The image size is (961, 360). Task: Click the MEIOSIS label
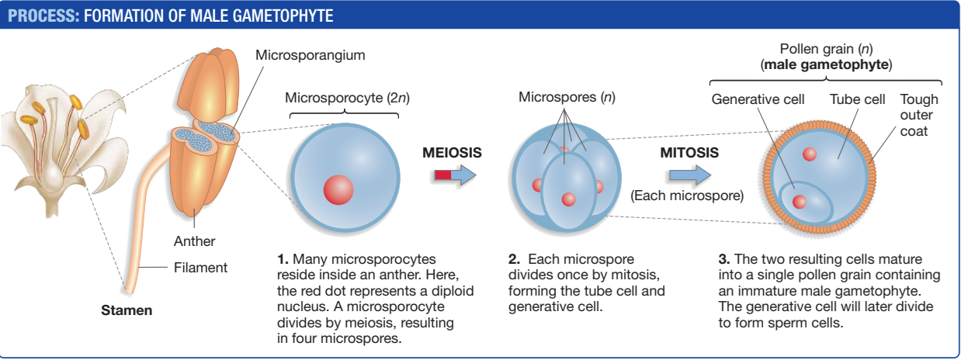452,153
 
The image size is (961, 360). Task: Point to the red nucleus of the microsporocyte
338,189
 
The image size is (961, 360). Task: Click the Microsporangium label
310,55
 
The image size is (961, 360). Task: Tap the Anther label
194,241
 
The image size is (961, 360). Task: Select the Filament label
200,268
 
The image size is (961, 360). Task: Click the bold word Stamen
127,311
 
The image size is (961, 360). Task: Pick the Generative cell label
758,99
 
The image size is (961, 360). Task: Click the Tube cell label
857,99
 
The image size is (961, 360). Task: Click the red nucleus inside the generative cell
800,202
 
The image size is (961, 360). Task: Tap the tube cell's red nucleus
810,154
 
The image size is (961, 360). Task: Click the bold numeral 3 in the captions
723,259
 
